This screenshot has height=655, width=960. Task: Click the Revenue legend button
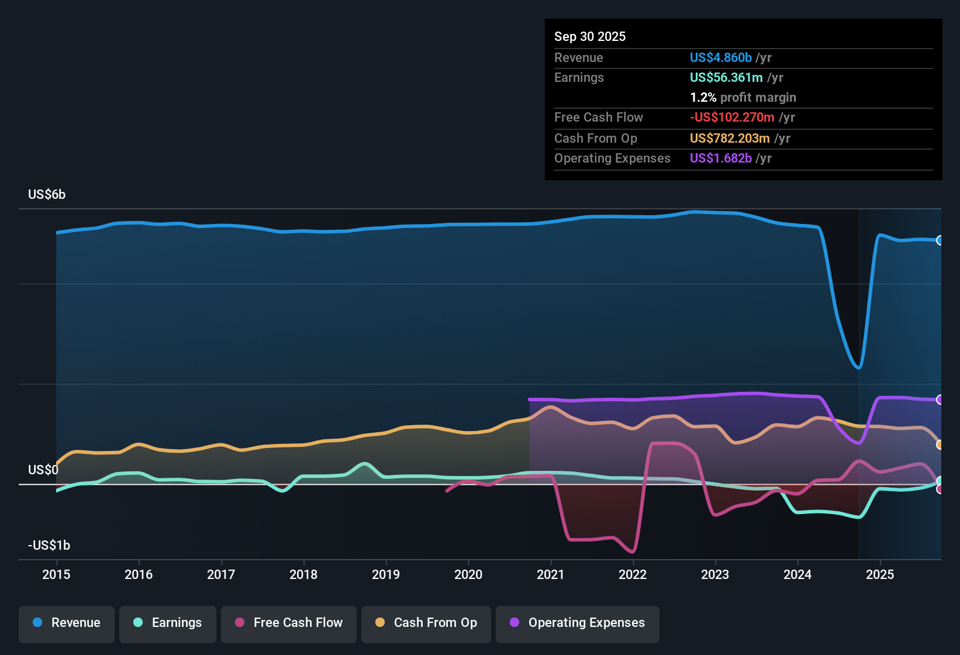[x=67, y=623]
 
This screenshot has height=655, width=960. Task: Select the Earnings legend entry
[x=167, y=623]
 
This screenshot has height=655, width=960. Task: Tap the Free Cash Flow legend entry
[x=288, y=623]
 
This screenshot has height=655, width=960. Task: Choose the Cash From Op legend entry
[x=426, y=623]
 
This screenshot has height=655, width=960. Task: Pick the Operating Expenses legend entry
[x=577, y=623]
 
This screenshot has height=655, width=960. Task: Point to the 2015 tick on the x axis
[x=56, y=574]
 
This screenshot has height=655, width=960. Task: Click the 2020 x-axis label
[x=468, y=574]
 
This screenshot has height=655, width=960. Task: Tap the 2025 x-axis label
[x=880, y=574]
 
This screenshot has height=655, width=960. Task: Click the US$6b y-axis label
[x=47, y=195]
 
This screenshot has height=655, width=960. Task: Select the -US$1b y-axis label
[x=49, y=546]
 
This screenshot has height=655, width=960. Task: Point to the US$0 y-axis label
[x=43, y=470]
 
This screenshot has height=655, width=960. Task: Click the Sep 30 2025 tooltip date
[x=590, y=36]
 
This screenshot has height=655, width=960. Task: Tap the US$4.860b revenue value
[x=720, y=57]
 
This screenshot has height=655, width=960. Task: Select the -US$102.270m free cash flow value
[x=732, y=117]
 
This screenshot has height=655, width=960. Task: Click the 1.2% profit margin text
[x=743, y=97]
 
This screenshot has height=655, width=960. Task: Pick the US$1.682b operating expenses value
[x=720, y=158]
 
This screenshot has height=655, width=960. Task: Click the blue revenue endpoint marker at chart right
[x=940, y=240]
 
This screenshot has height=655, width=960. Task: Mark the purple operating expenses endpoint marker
[x=940, y=399]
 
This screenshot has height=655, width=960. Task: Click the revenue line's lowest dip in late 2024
[x=858, y=368]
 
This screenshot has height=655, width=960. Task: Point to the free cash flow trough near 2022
[x=633, y=551]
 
